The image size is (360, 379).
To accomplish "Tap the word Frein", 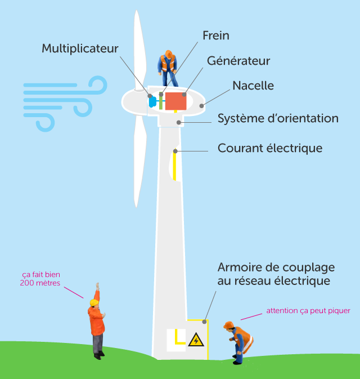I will click(x=216, y=35).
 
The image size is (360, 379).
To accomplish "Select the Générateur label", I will click(x=238, y=61).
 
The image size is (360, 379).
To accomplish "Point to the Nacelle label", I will click(x=253, y=86).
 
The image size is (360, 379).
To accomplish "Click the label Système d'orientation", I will click(x=278, y=119).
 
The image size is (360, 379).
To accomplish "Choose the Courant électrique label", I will click(x=270, y=149).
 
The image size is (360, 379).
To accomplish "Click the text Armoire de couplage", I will click(x=276, y=267).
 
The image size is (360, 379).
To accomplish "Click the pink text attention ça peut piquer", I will click(x=308, y=311).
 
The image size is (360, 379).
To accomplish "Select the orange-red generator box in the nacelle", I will click(x=175, y=101).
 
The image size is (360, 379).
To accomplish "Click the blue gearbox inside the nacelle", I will click(x=152, y=101).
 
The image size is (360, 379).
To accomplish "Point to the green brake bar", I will click(x=161, y=101).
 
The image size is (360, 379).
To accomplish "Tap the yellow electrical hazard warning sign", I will click(x=196, y=340).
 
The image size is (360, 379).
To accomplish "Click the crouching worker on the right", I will click(x=240, y=341).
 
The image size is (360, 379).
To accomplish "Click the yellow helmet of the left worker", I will click(x=94, y=302).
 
